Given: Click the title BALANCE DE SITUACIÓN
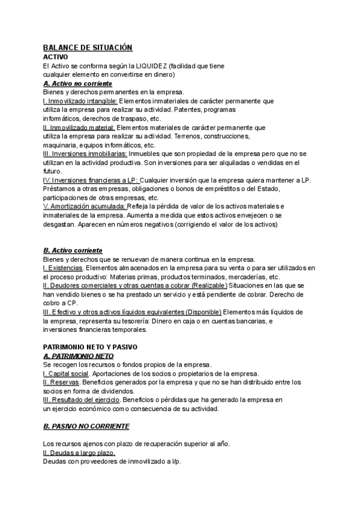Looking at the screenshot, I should pos(88,47).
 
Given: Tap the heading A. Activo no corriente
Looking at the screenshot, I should pos(78,84).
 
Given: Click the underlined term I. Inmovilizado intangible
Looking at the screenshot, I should pos(80,101).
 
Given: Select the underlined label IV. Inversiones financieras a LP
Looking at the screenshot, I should pos(91,181).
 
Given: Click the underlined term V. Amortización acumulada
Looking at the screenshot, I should pos(85,206).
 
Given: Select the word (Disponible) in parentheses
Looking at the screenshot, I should pos(195,312).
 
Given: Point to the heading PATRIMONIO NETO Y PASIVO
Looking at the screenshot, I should pos(91,347).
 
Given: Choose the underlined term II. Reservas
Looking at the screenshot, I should pos(61,382).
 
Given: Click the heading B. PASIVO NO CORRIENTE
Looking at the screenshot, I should pos(86,426).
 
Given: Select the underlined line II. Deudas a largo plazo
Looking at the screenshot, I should pos(79,453).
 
